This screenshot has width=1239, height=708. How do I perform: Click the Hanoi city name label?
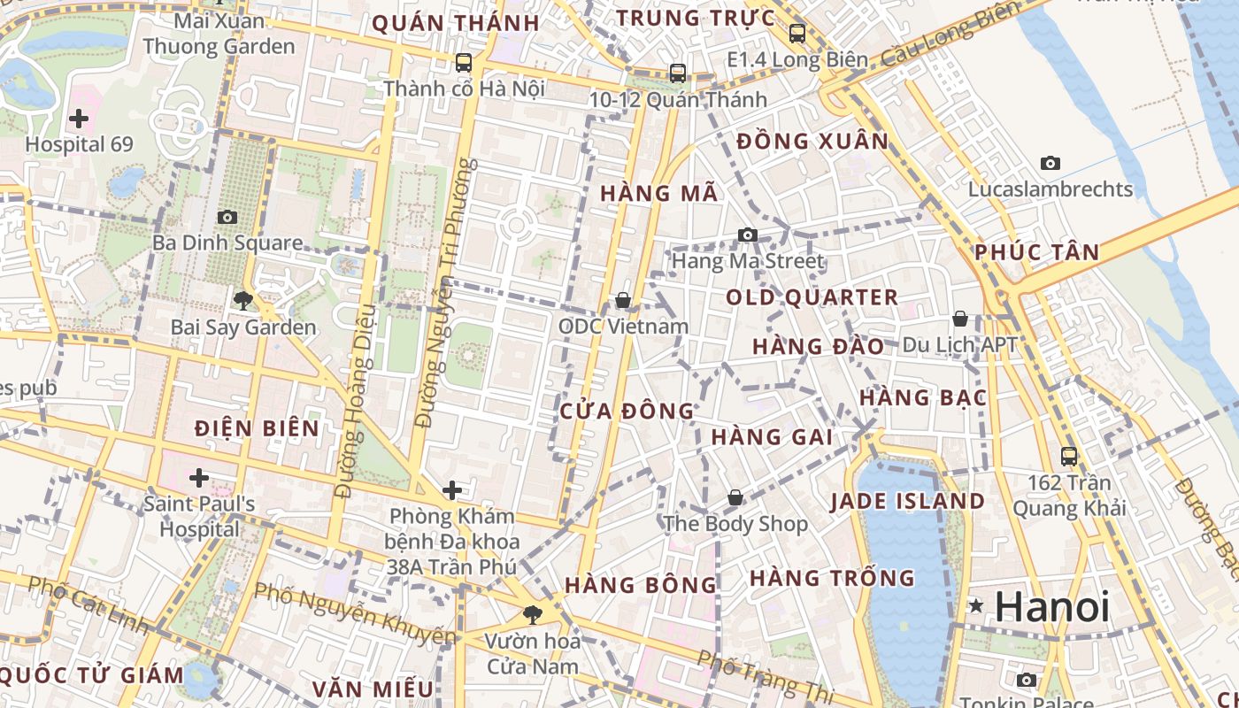tap(1051, 607)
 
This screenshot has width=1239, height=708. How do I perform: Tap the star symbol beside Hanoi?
tap(976, 606)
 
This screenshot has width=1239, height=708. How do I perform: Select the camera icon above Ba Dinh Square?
tap(227, 217)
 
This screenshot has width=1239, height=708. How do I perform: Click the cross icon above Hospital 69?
tap(79, 118)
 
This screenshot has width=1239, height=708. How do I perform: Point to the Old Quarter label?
tap(812, 297)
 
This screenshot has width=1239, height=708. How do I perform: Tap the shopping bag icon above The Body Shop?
tap(735, 498)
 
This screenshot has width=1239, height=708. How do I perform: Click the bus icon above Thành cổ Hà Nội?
tap(463, 63)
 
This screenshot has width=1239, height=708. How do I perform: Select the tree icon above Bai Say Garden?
tap(242, 301)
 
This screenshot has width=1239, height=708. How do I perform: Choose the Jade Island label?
tap(907, 502)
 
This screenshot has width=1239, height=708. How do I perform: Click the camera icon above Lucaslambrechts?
tap(1050, 163)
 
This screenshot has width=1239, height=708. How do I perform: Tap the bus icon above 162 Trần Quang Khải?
tap(1069, 457)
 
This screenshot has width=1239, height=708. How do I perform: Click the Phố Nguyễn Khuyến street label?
tap(354, 612)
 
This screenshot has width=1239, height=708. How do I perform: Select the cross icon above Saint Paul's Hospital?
tap(199, 479)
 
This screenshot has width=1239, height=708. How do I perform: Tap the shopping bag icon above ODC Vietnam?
tap(623, 301)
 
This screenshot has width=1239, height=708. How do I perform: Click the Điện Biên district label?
tap(257, 428)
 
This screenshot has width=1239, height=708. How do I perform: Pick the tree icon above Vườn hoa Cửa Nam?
tap(533, 613)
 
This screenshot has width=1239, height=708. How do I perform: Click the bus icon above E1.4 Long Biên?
tap(797, 34)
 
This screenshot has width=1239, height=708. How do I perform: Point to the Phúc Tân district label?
tap(1036, 252)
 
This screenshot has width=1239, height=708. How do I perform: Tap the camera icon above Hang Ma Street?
tap(748, 235)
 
